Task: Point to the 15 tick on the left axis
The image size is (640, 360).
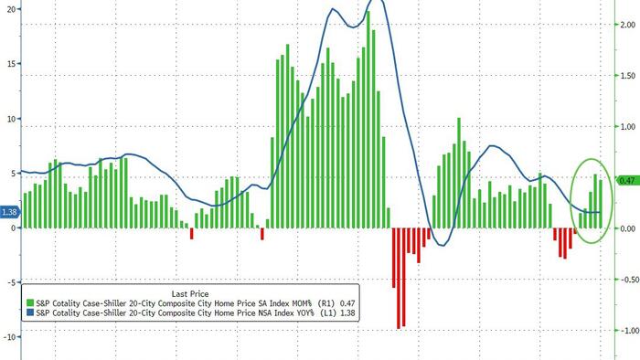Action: point(9,64)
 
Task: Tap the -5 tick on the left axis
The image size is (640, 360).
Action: point(9,282)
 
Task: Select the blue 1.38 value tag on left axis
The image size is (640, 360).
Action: point(10,213)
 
